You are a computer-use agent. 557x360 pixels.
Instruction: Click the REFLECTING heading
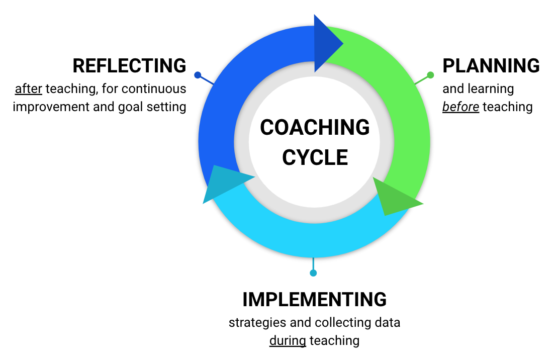[x=129, y=66]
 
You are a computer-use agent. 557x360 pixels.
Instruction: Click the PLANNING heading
[x=491, y=66]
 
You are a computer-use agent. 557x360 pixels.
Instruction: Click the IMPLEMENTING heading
[x=314, y=300]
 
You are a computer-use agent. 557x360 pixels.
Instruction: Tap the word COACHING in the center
[x=315, y=128]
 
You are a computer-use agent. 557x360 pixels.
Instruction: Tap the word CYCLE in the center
[x=315, y=157]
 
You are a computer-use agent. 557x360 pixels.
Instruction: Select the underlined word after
[x=29, y=89]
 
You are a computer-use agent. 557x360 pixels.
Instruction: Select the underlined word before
[x=460, y=107]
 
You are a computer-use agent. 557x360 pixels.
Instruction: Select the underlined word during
[x=288, y=340]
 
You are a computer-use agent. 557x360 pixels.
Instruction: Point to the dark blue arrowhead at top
[x=326, y=44]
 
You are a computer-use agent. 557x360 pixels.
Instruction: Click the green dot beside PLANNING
[x=430, y=75]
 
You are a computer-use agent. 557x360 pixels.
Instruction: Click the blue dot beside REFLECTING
[x=198, y=75]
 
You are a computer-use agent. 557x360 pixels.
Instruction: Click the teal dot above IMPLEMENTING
[x=313, y=273]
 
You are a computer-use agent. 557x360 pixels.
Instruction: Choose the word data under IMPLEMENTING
[x=387, y=322]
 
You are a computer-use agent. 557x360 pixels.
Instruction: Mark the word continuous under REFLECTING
[x=154, y=89]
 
